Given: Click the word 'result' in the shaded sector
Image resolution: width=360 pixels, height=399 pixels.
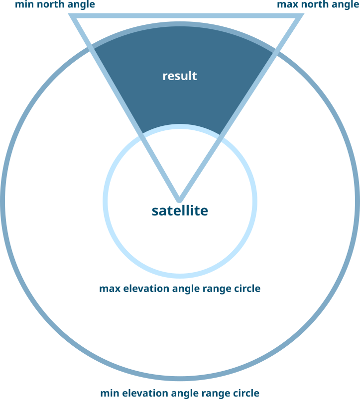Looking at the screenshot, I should (180, 76).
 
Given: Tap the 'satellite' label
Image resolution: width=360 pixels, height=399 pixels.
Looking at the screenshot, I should (180, 211).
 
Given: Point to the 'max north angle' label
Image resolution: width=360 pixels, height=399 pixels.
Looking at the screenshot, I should (318, 5).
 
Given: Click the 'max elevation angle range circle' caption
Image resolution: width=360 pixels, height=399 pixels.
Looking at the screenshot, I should (180, 289).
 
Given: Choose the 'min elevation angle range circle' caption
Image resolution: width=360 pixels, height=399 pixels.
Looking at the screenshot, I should (180, 393).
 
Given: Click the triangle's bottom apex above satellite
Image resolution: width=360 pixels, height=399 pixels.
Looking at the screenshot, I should (180, 199).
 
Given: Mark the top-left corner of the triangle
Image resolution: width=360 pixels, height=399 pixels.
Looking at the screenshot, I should (73, 16).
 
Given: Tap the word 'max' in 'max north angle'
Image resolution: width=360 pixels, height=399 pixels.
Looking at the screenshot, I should (286, 5).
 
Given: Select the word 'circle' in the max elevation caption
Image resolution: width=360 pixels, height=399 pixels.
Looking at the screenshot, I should (246, 289).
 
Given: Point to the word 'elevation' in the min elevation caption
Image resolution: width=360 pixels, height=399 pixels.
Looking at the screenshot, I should (141, 393).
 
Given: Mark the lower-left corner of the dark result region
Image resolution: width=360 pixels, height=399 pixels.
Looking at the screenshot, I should (143, 133).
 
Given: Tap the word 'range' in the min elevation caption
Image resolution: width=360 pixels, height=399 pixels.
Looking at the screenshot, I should (209, 393).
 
